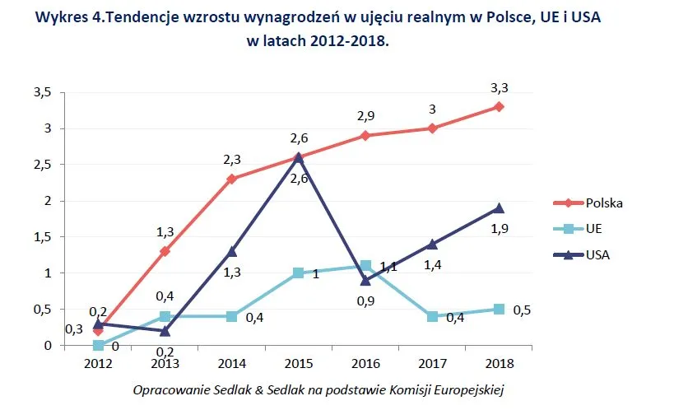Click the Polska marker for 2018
pos(500,107)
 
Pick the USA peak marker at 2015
pos(299,157)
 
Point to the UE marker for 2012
pos(98,345)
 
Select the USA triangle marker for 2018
pos(500,207)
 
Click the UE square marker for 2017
pos(433,316)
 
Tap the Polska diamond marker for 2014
pos(232,179)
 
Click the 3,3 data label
pos(499,87)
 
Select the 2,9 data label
pos(364,117)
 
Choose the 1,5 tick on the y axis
pos(43,236)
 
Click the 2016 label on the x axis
pos(365,364)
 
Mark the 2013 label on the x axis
pos(165,364)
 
